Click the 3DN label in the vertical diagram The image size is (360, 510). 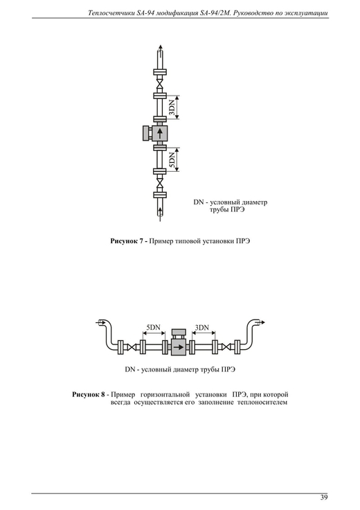click(x=172, y=107)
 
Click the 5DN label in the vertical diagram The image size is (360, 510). click(x=172, y=160)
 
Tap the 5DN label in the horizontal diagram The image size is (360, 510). click(x=154, y=327)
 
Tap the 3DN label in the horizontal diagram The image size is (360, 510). click(x=202, y=327)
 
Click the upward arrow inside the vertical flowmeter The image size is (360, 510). click(x=159, y=133)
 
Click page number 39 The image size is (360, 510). click(x=324, y=498)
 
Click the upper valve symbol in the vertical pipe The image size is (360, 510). click(x=159, y=84)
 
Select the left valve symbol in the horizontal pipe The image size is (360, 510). click(x=132, y=346)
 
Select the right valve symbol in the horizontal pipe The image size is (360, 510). click(x=226, y=346)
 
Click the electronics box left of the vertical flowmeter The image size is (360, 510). click(x=146, y=133)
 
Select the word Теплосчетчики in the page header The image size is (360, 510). click(x=109, y=13)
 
